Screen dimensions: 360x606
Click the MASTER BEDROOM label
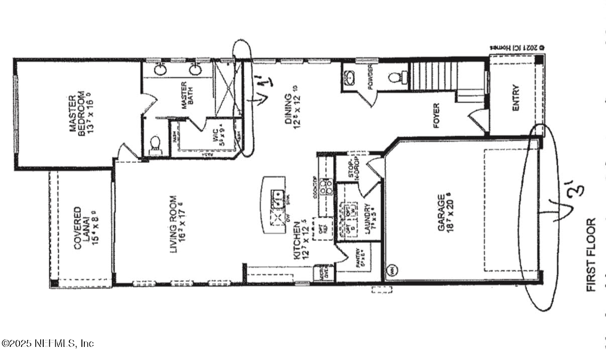77,115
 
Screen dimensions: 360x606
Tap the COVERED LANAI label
81,228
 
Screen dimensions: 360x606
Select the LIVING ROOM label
178,224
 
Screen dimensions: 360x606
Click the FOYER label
436,116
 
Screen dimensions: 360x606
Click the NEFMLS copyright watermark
48,343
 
